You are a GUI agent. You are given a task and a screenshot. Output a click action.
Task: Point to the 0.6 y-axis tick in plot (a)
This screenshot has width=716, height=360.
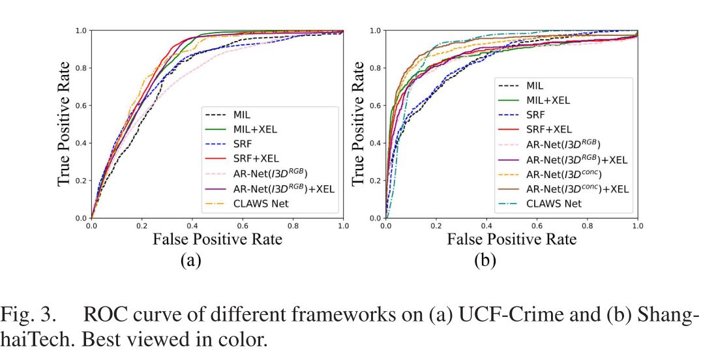tap(82, 106)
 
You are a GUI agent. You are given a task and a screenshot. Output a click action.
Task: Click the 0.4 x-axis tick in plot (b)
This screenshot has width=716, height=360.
tap(486, 225)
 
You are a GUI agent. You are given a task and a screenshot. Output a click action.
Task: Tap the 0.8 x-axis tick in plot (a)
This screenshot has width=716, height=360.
tap(293, 225)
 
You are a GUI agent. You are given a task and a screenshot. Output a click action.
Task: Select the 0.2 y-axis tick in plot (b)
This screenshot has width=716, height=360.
tap(376, 181)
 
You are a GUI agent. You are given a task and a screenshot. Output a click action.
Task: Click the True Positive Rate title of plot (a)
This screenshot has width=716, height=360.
tap(64, 124)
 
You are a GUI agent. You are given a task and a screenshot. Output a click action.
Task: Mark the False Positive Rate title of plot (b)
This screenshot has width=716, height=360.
tap(511, 239)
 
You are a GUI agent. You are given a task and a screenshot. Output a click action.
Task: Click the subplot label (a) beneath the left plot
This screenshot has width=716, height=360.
tap(190, 261)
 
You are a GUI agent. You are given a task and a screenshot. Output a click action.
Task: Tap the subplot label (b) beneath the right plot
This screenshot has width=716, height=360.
tap(485, 261)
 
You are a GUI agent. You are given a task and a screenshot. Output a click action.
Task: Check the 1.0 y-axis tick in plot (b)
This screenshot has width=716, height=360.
tap(376, 31)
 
